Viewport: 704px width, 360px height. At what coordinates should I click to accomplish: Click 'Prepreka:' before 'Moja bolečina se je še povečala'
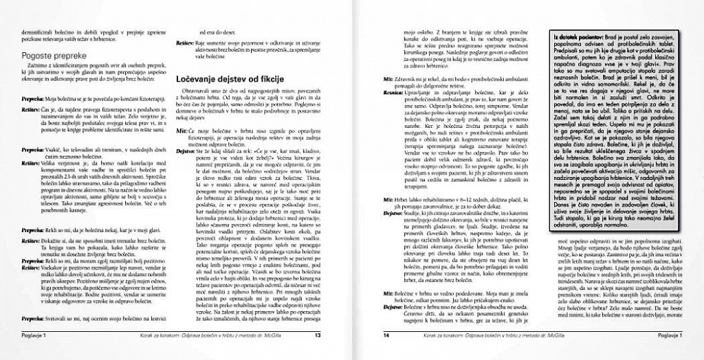click(x=31, y=99)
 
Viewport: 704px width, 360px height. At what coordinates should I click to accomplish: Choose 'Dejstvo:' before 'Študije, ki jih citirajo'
click(x=393, y=214)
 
